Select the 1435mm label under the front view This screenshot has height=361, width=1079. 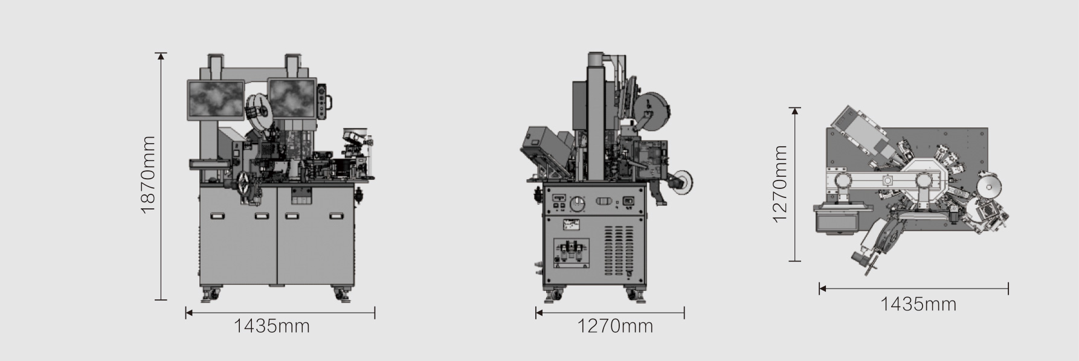272,327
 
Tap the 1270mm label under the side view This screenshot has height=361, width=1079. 615,327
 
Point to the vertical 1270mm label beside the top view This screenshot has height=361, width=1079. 781,184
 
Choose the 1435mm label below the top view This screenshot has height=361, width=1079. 918,304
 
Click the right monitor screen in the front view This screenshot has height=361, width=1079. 292,99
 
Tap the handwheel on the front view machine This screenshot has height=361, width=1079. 245,184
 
